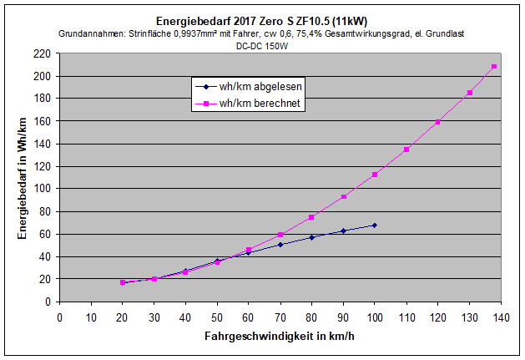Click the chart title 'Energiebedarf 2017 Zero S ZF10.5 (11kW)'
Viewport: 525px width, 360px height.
[262, 20]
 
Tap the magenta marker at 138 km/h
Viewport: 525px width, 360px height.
[494, 66]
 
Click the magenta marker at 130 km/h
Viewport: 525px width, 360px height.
[469, 93]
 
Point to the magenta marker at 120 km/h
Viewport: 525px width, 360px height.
[438, 122]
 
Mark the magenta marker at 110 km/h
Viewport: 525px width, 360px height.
[406, 150]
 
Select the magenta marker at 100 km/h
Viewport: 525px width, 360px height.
[375, 175]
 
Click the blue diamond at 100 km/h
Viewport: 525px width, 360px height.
[375, 226]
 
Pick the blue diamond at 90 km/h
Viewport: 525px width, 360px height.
[343, 231]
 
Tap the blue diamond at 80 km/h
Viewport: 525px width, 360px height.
[311, 237]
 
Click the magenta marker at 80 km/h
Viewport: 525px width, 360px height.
[311, 217]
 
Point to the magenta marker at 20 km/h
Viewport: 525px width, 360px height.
[123, 282]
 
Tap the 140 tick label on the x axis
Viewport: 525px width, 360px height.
[501, 317]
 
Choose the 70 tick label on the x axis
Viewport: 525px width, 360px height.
[280, 317]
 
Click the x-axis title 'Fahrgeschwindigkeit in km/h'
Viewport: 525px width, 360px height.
[280, 338]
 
